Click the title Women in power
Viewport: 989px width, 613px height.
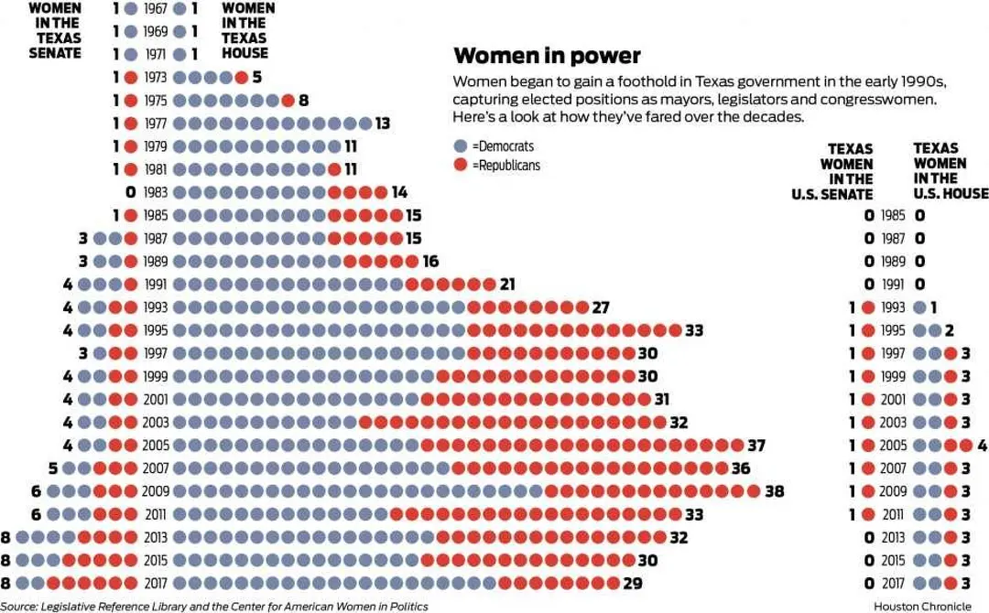tap(547, 56)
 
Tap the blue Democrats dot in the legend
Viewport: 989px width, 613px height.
tap(461, 146)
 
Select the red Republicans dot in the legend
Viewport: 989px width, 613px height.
tap(461, 166)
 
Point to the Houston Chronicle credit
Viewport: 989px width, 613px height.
tap(922, 606)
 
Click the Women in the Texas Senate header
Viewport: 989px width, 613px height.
tap(54, 31)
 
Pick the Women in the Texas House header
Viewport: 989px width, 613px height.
tap(248, 31)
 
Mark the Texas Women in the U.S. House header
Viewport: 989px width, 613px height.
tap(949, 171)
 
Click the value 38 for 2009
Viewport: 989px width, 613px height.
tap(775, 491)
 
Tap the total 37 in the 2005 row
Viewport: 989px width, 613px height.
tap(755, 446)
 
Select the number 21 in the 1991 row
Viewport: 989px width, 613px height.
tap(508, 285)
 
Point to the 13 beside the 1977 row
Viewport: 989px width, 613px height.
tap(383, 124)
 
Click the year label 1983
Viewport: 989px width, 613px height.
tap(156, 192)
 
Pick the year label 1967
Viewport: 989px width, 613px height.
tap(156, 9)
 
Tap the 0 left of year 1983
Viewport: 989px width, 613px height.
tap(131, 192)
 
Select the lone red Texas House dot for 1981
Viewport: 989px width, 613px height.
tap(334, 169)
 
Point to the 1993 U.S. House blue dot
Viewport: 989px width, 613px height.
tap(919, 307)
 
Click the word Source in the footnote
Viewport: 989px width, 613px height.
tap(19, 606)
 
